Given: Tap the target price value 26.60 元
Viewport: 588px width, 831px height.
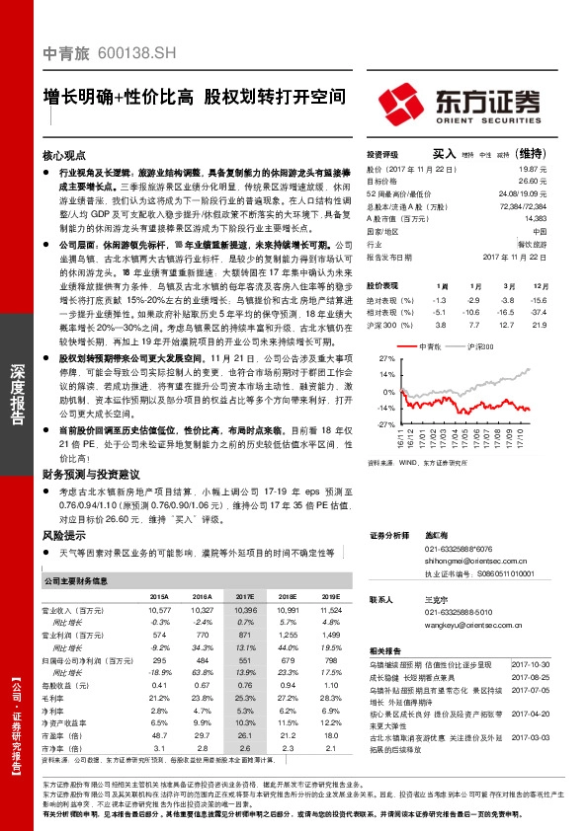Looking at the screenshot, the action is pos(535,182).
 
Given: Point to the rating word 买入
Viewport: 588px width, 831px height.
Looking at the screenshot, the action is pos(445,154).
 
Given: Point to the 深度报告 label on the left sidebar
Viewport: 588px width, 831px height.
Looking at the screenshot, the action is pos(16,395).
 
